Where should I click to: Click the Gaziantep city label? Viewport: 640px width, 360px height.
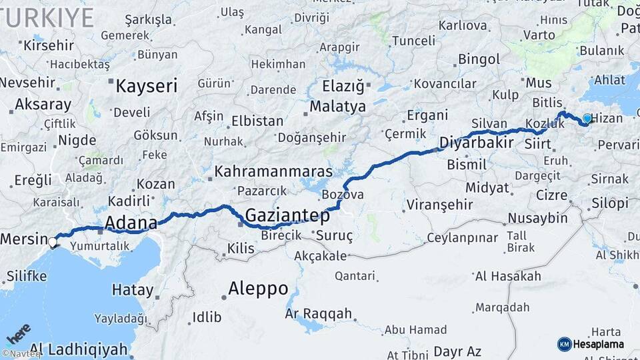click(287, 216)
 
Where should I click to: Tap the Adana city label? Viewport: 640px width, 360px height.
click(131, 223)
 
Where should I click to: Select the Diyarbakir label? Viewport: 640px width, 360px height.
click(476, 143)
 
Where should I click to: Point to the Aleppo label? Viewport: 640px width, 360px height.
click(258, 289)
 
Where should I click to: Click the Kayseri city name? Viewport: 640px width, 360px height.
click(147, 86)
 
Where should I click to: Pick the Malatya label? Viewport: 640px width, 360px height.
click(338, 107)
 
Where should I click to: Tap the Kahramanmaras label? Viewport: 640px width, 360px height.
click(273, 171)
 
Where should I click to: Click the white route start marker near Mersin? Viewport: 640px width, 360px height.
click(52, 242)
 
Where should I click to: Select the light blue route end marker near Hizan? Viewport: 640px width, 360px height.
click(587, 119)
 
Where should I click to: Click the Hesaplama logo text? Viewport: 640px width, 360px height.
click(599, 344)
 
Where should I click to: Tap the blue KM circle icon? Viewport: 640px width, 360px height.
click(564, 344)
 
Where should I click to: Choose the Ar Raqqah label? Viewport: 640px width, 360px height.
click(318, 313)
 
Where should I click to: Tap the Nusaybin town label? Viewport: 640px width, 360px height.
click(537, 218)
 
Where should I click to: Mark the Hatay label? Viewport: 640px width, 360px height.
click(132, 291)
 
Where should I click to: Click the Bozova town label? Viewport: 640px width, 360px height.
click(343, 195)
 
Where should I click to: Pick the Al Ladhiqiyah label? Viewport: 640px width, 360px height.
click(79, 349)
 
